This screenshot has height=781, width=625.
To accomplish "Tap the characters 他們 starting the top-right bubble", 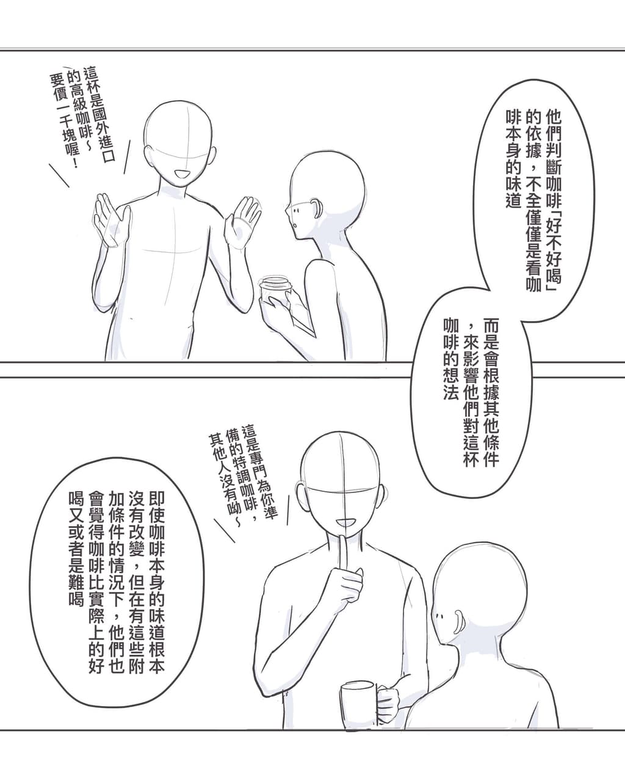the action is pyautogui.click(x=554, y=126).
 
